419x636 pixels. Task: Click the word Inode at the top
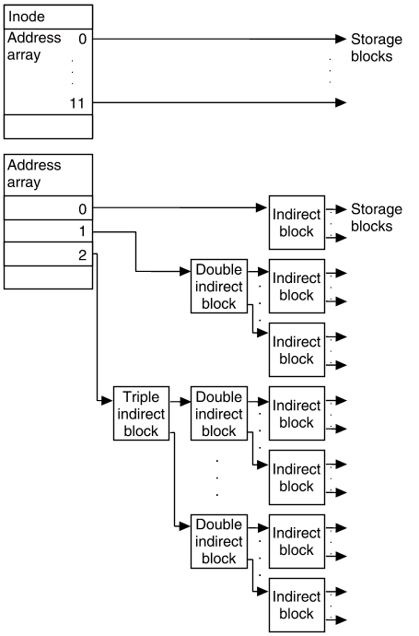tap(27, 17)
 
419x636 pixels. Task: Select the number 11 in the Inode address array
tap(77, 103)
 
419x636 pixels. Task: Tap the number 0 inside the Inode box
tap(82, 39)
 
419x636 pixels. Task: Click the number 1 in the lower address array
tap(83, 231)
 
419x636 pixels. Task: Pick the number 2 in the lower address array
tap(82, 254)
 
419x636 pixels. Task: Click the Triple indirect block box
tap(141, 413)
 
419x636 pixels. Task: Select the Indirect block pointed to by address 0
tap(297, 223)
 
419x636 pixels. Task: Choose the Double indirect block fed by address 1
tap(219, 287)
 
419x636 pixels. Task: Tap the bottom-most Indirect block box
tap(297, 605)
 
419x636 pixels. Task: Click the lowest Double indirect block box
tap(219, 541)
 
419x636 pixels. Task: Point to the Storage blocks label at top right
tap(377, 48)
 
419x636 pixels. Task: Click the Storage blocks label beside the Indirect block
tap(377, 218)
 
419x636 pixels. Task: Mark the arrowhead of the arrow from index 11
tap(342, 102)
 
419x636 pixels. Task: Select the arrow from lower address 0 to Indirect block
tap(180, 207)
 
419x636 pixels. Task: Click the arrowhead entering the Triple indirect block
tap(107, 401)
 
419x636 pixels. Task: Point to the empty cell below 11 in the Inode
tap(48, 126)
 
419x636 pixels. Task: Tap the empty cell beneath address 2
tap(48, 277)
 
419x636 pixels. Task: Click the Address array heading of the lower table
tap(34, 173)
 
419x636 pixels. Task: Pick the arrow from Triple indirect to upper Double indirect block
tap(180, 402)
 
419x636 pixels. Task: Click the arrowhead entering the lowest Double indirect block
tap(185, 526)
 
